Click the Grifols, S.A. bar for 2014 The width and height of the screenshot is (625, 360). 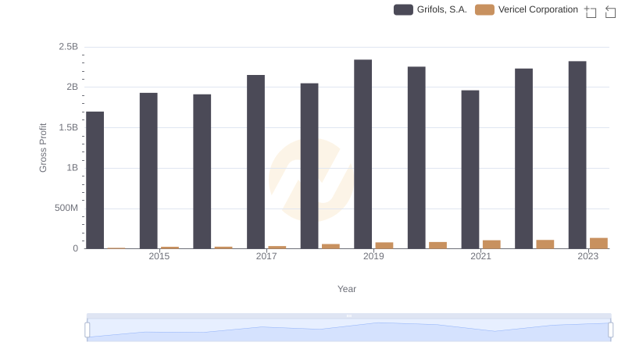(95, 180)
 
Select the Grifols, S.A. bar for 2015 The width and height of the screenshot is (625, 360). (148, 171)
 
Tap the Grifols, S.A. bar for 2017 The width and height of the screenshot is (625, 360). (255, 162)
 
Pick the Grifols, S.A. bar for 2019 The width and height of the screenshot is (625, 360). (362, 155)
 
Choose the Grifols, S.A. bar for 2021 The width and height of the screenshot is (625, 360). (470, 169)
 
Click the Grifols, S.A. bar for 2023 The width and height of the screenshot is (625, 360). (577, 155)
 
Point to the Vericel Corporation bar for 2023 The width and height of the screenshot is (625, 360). (598, 244)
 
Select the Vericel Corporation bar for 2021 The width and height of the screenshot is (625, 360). (491, 244)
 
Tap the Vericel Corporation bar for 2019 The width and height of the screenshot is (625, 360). (384, 245)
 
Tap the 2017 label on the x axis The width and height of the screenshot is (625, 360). (266, 256)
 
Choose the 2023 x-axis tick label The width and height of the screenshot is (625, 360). (587, 256)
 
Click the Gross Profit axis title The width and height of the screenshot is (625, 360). (44, 148)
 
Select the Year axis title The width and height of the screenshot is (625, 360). (347, 289)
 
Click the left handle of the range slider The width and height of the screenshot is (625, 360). (87, 330)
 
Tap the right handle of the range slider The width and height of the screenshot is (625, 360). (611, 330)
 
